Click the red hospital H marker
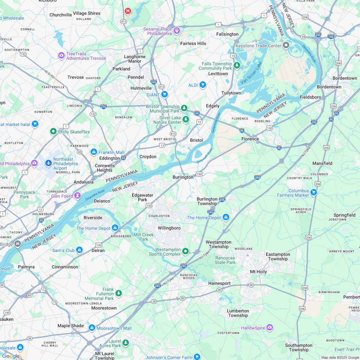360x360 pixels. coord(128,11)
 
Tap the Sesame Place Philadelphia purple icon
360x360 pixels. coord(176,31)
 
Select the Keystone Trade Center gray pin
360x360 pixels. coord(286,45)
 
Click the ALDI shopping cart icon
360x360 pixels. coord(203,85)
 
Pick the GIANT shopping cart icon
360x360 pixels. coord(165,94)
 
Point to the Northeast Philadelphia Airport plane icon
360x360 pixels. coord(49,163)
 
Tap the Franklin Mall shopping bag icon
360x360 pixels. coord(94,152)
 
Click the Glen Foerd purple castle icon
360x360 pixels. coord(77,195)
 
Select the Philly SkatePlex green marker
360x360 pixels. coord(53,131)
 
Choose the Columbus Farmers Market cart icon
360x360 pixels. coord(314,193)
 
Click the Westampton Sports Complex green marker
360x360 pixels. coord(185,251)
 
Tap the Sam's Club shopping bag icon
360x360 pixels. coord(79,250)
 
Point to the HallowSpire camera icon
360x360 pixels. coord(270,327)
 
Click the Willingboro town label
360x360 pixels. coord(169,228)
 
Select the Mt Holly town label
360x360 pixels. coord(258,272)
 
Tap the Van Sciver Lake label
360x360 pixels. coord(251,73)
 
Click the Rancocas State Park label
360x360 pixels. coord(225,260)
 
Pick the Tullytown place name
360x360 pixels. coord(231,93)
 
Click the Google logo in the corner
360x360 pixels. coord(11,356)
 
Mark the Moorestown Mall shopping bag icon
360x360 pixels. coord(92,328)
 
